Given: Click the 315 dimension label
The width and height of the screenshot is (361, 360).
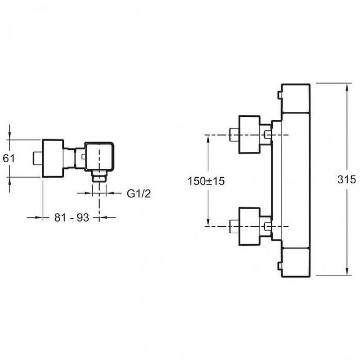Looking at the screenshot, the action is point(347,179).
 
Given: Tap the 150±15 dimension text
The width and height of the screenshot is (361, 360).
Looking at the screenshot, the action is point(206,181).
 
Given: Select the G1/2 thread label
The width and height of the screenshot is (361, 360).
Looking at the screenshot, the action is point(139,194).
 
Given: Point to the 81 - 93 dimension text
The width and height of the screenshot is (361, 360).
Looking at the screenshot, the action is point(72,217).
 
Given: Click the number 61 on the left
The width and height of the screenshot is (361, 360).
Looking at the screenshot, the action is point(9,159).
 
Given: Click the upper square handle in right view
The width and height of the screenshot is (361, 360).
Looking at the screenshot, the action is point(250,134).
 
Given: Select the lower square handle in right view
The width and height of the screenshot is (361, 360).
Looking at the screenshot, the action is point(250,227).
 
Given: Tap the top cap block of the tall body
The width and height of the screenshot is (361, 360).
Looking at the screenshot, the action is point(296,98).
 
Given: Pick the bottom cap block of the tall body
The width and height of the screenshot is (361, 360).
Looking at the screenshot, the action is point(296,263).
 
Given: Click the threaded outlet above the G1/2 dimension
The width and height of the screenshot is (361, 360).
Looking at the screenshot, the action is point(99,176).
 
